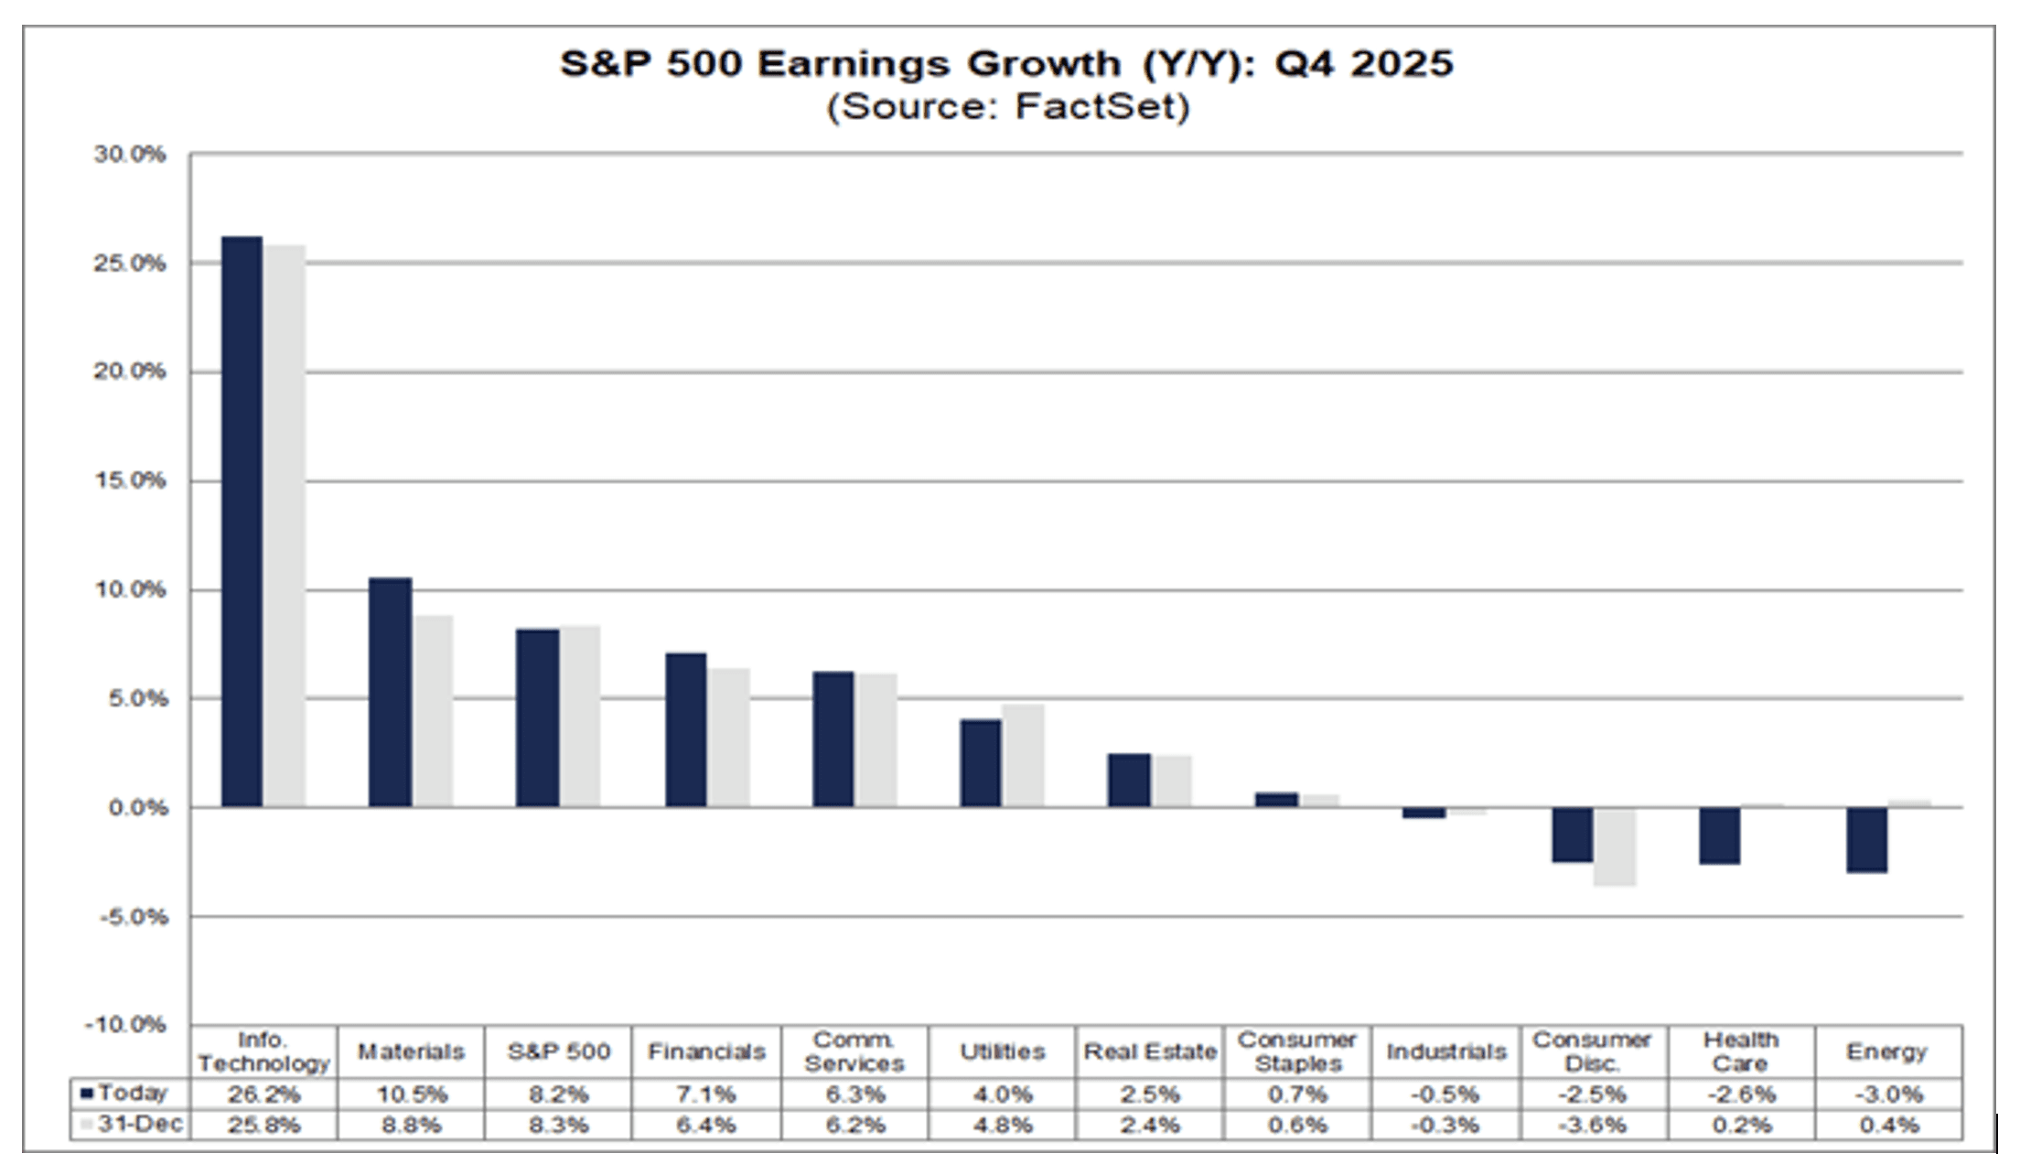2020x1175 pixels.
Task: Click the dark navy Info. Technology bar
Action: point(242,522)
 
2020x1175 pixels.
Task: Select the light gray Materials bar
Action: point(433,711)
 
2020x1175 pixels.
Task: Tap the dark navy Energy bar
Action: point(1866,839)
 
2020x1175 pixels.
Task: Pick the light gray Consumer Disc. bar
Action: point(1615,846)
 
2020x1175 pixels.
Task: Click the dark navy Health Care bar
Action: point(1720,835)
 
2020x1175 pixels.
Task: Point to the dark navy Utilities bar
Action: point(981,763)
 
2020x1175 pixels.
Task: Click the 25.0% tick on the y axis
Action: point(130,264)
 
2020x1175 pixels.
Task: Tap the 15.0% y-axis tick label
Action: point(130,481)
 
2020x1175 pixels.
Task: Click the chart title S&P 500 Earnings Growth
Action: point(1006,64)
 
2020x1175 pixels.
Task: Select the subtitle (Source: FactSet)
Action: point(1006,107)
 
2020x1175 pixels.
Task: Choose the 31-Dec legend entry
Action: point(133,1124)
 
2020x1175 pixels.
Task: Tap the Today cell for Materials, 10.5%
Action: point(411,1094)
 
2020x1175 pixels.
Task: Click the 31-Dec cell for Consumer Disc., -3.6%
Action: point(1592,1125)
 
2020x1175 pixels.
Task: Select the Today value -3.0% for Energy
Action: point(1888,1094)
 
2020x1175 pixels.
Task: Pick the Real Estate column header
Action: point(1150,1051)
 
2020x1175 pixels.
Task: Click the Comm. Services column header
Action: point(854,1051)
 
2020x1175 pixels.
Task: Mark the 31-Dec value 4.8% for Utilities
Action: point(1003,1125)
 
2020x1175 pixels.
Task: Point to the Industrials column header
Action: point(1445,1051)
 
